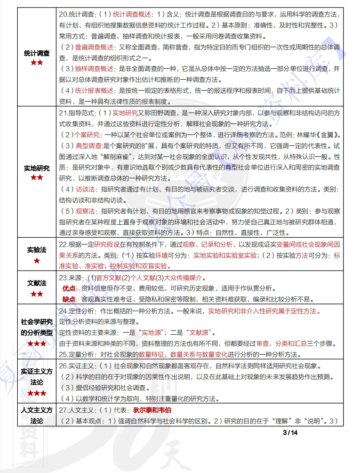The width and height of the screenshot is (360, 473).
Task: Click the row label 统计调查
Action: pos(37,54)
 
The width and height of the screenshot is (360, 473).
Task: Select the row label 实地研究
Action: pos(37,168)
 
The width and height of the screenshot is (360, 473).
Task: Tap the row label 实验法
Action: pos(37,250)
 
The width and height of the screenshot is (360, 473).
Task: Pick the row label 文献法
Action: pos(37,283)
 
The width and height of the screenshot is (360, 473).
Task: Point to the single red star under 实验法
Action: pos(37,261)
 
